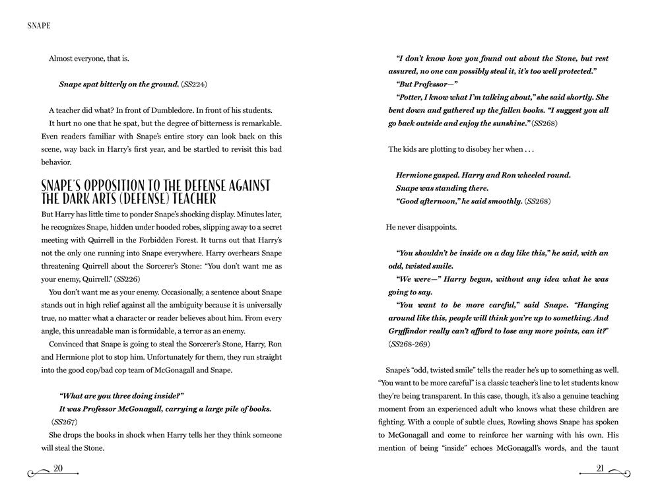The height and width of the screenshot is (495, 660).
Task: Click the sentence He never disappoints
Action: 421,227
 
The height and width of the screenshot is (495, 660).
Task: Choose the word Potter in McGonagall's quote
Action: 410,97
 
